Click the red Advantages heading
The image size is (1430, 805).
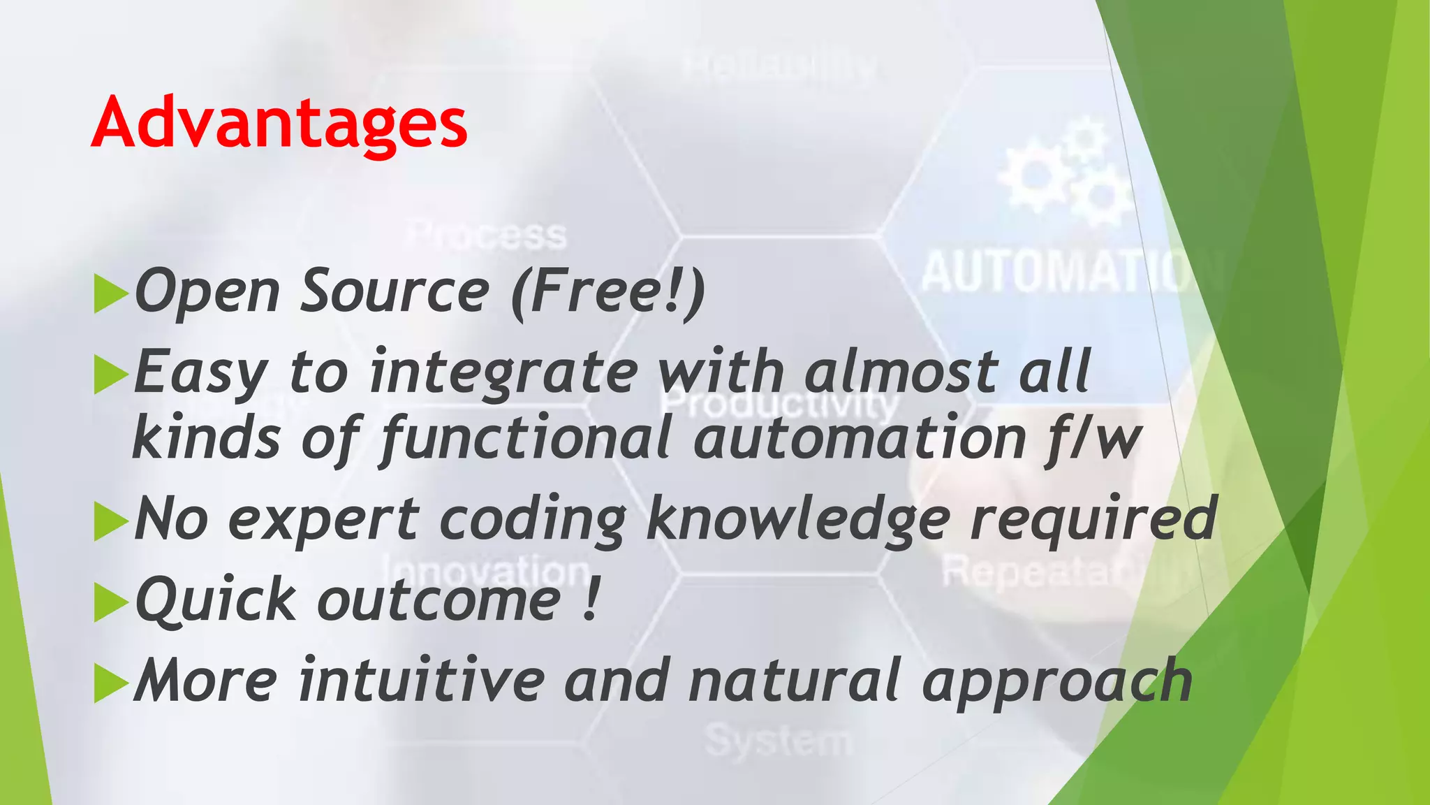279,124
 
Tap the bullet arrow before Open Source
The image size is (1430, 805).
110,293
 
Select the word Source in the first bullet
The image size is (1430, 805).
395,291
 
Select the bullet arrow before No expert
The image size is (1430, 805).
110,522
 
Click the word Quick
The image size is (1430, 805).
216,601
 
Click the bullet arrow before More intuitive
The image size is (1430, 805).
110,683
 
